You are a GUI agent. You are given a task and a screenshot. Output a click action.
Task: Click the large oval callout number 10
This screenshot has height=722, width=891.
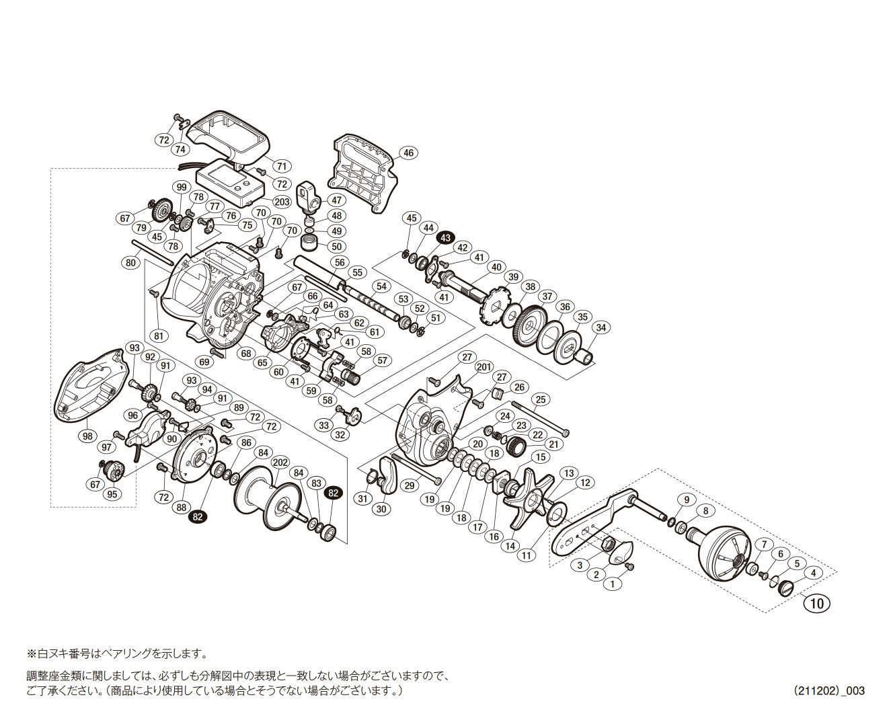(x=816, y=603)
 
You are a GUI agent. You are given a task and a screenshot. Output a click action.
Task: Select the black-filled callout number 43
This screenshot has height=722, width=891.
(x=446, y=238)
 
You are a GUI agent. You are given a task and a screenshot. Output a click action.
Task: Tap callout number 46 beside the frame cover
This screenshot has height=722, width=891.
(x=408, y=153)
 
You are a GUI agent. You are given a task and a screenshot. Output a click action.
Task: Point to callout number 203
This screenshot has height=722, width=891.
(x=282, y=202)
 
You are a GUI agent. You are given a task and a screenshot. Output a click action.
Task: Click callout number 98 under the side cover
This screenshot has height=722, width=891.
(x=87, y=436)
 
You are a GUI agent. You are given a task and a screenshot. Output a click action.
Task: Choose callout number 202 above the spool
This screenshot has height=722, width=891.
(x=280, y=463)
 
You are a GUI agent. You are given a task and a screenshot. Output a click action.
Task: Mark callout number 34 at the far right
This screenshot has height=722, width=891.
(x=601, y=327)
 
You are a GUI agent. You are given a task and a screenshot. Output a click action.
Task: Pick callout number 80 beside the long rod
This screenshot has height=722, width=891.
(x=130, y=263)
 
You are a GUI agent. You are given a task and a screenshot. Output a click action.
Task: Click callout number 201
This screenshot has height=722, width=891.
(x=484, y=367)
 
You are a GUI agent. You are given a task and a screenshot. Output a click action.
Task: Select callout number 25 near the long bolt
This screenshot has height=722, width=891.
(x=541, y=400)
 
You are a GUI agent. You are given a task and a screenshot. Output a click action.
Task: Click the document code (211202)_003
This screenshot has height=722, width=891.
(x=829, y=690)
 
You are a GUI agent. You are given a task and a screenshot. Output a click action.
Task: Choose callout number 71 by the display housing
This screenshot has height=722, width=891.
(x=282, y=167)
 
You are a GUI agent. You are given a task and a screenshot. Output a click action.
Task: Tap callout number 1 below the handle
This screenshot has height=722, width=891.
(x=612, y=584)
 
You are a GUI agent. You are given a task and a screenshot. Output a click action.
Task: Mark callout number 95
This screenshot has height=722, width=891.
(x=112, y=494)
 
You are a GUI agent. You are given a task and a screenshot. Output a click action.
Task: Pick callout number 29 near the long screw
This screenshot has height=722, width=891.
(x=408, y=485)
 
